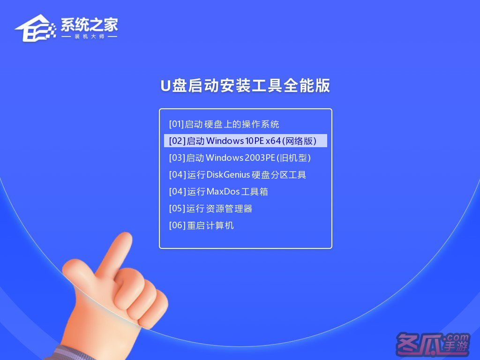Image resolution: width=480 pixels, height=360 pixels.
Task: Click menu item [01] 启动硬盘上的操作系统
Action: (x=224, y=124)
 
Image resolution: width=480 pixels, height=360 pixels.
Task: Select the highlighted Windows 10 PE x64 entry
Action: (x=246, y=141)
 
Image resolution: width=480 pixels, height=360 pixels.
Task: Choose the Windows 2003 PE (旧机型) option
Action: (x=240, y=157)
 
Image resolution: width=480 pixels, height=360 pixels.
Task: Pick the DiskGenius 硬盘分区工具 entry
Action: (x=237, y=174)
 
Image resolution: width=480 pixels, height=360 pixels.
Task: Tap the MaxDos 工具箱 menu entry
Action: (x=218, y=192)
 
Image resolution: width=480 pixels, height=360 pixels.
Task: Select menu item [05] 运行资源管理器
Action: (x=210, y=209)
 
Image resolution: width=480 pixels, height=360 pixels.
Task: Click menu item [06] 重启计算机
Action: (x=202, y=225)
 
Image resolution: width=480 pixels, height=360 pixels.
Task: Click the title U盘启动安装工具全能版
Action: (x=245, y=85)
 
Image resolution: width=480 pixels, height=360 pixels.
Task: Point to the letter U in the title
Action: (x=165, y=86)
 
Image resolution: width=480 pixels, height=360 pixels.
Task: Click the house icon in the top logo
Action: (x=35, y=28)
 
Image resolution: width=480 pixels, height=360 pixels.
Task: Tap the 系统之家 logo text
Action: (x=89, y=24)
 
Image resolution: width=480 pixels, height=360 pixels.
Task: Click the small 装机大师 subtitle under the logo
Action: (x=90, y=37)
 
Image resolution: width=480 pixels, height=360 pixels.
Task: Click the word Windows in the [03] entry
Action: (x=225, y=157)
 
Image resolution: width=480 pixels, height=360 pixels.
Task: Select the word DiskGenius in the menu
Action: (x=228, y=174)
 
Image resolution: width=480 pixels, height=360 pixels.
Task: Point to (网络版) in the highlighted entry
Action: (x=299, y=141)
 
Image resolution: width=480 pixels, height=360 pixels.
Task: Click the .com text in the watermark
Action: (x=457, y=337)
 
